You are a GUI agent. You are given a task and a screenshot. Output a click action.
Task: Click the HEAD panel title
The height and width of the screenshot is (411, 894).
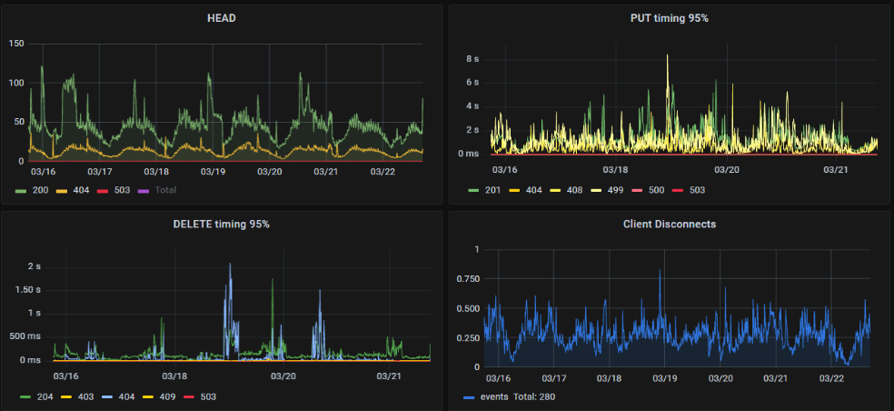(222, 18)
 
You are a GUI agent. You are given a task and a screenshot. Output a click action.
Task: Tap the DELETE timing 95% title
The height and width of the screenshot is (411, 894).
(222, 224)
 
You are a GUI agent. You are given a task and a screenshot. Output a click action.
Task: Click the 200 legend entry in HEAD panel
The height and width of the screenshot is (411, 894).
(35, 190)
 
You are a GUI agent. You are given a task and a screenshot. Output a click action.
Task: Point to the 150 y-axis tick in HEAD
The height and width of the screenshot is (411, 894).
(16, 44)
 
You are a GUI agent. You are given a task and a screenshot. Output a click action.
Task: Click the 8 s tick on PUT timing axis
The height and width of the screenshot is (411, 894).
(472, 59)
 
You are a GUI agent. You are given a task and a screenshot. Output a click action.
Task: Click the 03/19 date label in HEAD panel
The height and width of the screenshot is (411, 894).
(213, 171)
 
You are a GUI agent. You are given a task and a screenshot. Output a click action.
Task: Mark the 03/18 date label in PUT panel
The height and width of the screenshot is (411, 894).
(616, 169)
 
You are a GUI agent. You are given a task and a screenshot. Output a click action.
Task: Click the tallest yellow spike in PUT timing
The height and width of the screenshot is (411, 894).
(668, 56)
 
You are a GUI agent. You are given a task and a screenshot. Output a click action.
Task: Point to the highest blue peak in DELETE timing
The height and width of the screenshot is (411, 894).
(230, 265)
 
